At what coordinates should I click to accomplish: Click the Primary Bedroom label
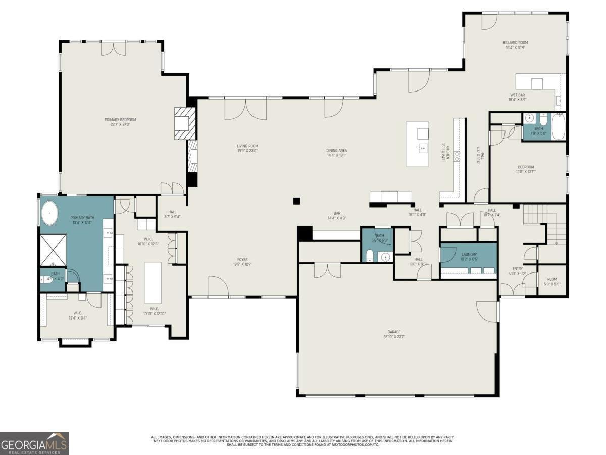click(120, 122)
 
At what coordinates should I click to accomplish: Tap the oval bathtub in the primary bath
click(50, 213)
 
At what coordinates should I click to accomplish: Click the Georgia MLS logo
click(34, 443)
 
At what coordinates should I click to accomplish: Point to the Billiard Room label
click(515, 45)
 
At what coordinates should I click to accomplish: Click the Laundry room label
click(469, 256)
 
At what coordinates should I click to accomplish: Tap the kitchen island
click(418, 144)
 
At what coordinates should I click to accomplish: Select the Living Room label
click(247, 148)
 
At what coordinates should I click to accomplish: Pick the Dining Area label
click(337, 152)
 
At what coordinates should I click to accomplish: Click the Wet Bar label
click(518, 97)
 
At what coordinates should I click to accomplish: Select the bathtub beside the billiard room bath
click(558, 126)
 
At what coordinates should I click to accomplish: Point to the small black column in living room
click(297, 201)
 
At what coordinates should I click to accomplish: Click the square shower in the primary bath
click(53, 250)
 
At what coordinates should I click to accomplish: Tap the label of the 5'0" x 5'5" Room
click(552, 282)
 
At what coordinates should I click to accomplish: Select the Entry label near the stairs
click(518, 271)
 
